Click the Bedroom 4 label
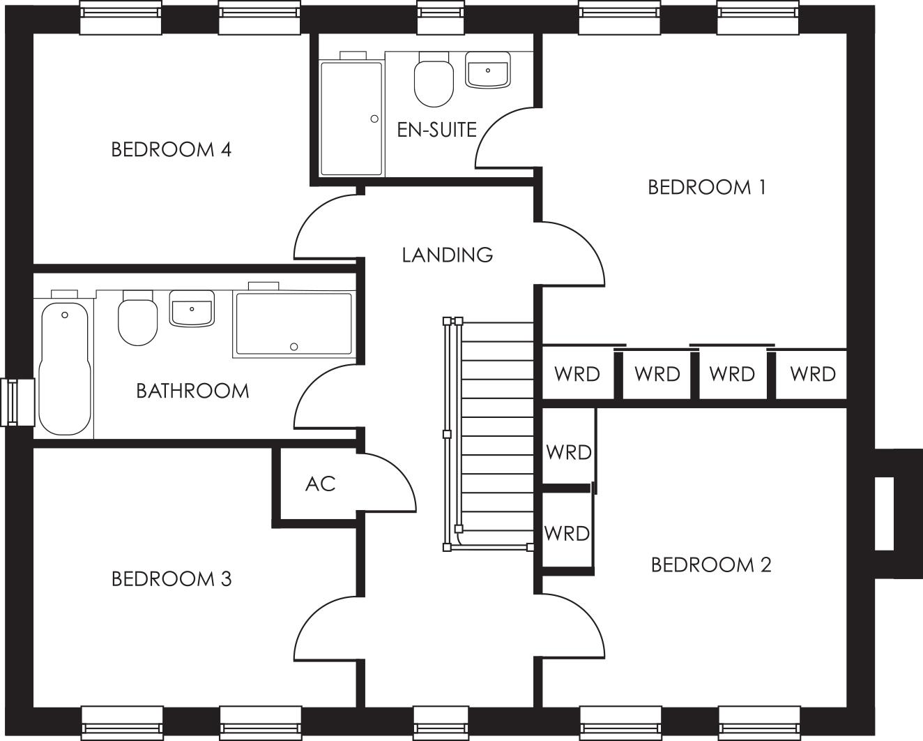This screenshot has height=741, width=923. click(171, 149)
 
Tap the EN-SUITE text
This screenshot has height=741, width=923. click(436, 130)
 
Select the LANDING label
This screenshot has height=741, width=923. click(448, 255)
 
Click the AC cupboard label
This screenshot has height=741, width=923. click(320, 484)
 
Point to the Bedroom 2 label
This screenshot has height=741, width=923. click(710, 564)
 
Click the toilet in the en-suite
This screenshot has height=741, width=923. click(434, 81)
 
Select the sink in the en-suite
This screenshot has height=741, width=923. click(488, 72)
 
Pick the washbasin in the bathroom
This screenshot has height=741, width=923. click(192, 309)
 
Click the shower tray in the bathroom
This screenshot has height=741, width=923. click(293, 324)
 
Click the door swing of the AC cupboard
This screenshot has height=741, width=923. click(390, 481)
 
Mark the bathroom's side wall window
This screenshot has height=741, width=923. click(17, 401)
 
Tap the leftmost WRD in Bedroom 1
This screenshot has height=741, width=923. click(577, 375)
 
